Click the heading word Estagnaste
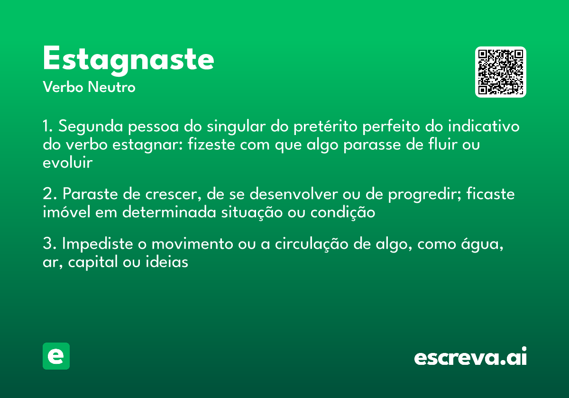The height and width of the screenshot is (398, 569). coord(128,60)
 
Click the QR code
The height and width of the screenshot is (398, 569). coord(501,72)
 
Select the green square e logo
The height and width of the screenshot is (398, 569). coord(56,356)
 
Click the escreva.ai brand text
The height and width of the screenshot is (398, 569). coord(470,357)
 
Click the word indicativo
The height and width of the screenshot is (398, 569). coord(484,127)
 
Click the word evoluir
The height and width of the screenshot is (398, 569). coord(67,163)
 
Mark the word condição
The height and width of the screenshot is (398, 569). coord(342,213)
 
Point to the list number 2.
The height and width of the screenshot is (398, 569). coord(47,194)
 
